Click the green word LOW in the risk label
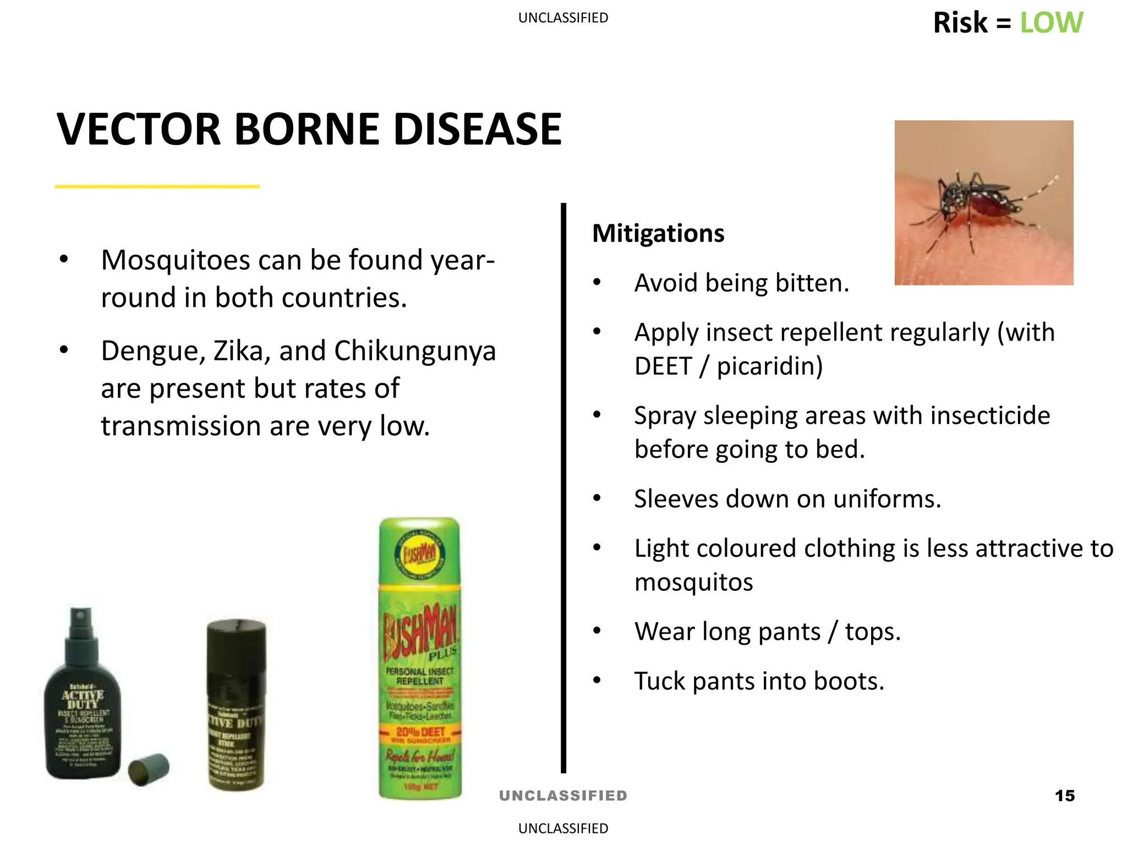pyautogui.click(x=1051, y=23)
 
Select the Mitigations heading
pyautogui.click(x=658, y=233)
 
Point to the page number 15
pyautogui.click(x=1065, y=795)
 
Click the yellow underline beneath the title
pyautogui.click(x=157, y=186)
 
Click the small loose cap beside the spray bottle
pyautogui.click(x=149, y=769)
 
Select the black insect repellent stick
pyautogui.click(x=236, y=705)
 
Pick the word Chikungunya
pyautogui.click(x=415, y=351)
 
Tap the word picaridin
pyautogui.click(x=769, y=366)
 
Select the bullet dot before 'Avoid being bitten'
pyautogui.click(x=597, y=283)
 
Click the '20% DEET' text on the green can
pyautogui.click(x=420, y=732)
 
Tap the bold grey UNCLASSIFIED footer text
pyautogui.click(x=563, y=795)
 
